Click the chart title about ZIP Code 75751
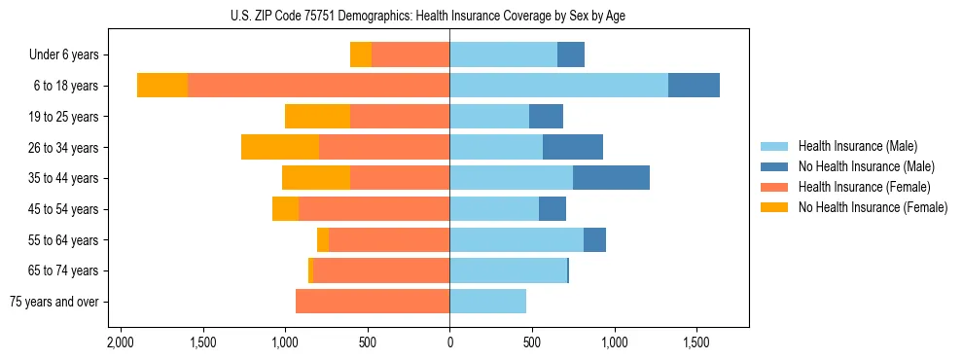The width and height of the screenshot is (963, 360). coord(449,16)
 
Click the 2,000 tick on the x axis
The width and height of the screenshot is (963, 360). coord(120,343)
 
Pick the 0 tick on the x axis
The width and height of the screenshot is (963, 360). coord(449,343)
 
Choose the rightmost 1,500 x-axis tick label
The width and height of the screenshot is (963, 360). coord(696,343)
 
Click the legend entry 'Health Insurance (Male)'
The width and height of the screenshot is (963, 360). coord(857,146)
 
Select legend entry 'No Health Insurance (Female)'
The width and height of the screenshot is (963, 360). coord(873,207)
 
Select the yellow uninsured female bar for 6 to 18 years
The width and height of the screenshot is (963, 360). coord(162,86)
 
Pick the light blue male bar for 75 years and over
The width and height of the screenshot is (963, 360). coord(487,302)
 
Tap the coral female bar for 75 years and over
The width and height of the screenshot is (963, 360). coord(373,302)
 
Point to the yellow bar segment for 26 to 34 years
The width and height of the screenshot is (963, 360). coord(280,147)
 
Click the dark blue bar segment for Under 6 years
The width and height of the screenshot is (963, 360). coord(571,55)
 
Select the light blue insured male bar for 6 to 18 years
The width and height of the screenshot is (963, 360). coord(558,86)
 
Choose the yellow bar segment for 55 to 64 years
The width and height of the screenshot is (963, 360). coord(323,239)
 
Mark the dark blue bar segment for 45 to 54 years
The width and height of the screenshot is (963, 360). coord(553,209)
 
